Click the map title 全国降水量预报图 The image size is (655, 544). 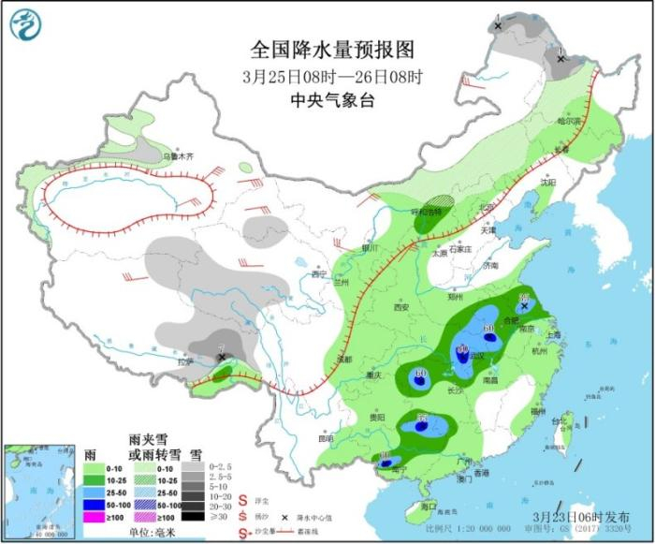click(332, 49)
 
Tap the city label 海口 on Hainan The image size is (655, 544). click(429, 506)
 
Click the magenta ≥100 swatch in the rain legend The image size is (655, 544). click(95, 517)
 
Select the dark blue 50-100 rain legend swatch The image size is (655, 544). click(95, 504)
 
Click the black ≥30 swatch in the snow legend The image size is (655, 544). click(193, 517)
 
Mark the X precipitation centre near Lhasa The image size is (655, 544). click(221, 357)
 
